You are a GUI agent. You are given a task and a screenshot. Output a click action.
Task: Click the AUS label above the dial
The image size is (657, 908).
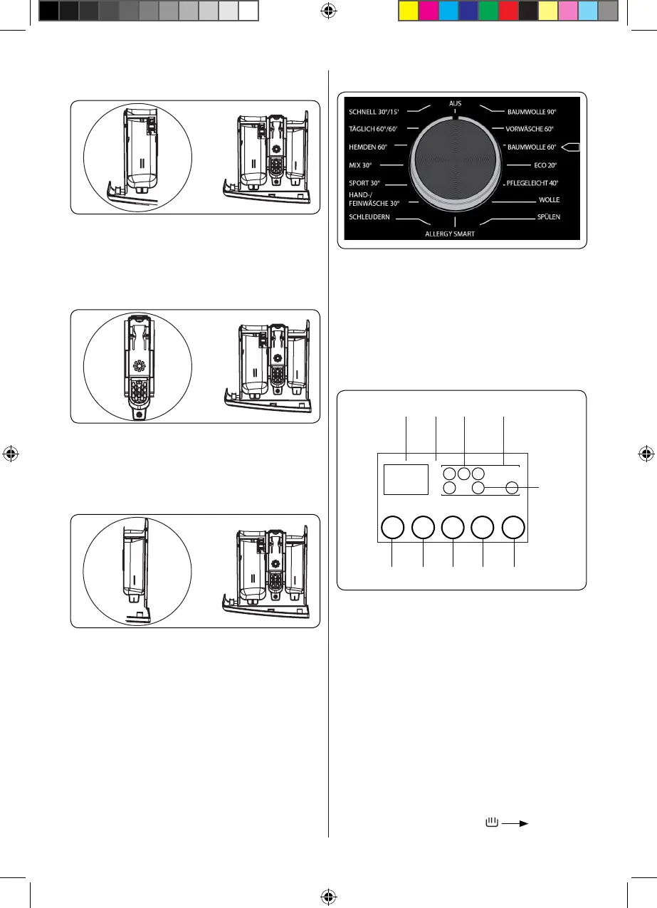click(x=456, y=103)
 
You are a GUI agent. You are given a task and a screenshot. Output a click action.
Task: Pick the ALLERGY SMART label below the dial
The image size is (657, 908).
click(x=450, y=234)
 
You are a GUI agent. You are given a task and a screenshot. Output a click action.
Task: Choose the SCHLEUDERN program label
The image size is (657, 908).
click(x=369, y=216)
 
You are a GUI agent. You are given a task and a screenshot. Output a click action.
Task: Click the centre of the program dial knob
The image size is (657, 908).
click(x=456, y=164)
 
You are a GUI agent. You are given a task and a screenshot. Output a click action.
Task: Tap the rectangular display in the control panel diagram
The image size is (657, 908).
click(x=406, y=479)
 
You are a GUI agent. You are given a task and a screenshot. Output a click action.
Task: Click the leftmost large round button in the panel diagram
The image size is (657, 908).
click(x=392, y=528)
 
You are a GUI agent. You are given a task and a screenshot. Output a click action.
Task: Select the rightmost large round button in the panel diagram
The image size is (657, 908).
click(x=513, y=528)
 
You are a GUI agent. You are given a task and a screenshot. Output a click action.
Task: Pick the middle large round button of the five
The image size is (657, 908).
click(x=453, y=528)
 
